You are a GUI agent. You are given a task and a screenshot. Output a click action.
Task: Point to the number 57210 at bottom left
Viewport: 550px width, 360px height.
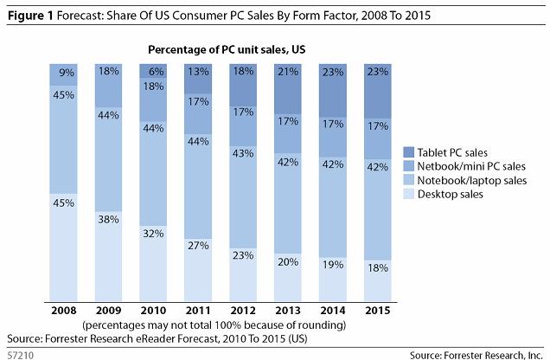pyautogui.click(x=19, y=352)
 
